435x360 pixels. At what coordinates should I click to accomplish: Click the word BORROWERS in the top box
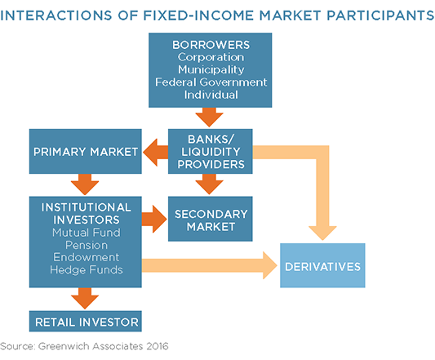(x=211, y=45)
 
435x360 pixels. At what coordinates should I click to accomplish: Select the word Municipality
(x=211, y=69)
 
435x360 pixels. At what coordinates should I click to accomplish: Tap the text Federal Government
(x=211, y=82)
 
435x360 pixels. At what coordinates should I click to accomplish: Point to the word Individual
(x=211, y=95)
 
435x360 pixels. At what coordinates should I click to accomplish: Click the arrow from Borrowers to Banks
(x=210, y=117)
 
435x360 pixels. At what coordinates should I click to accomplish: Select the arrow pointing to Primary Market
(x=156, y=152)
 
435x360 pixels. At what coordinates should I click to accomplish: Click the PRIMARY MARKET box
(x=86, y=151)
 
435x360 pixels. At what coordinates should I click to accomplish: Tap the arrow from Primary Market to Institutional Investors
(x=85, y=184)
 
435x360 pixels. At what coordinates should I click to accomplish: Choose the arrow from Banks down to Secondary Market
(x=210, y=184)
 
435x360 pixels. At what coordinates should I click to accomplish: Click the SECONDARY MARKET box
(x=211, y=219)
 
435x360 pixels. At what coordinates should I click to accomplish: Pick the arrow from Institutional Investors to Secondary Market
(x=154, y=219)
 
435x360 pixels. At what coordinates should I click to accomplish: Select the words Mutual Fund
(x=87, y=233)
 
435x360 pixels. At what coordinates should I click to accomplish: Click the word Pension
(x=87, y=245)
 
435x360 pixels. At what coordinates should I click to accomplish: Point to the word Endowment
(x=87, y=257)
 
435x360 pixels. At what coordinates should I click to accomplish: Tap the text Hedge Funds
(x=87, y=269)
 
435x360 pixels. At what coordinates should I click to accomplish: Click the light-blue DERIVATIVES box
(x=322, y=265)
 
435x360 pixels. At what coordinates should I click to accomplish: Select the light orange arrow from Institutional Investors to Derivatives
(x=210, y=265)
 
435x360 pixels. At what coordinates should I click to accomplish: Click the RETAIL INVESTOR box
(x=86, y=321)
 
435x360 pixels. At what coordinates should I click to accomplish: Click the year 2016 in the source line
(x=158, y=346)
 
